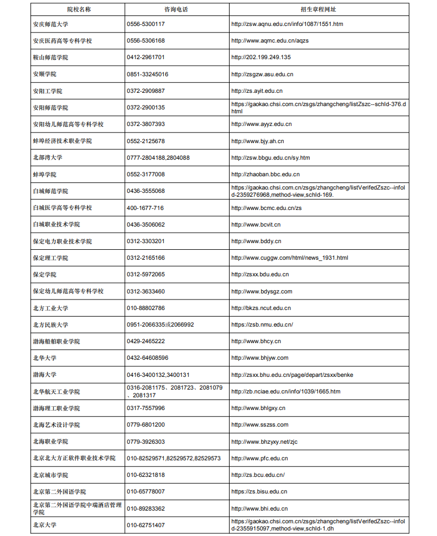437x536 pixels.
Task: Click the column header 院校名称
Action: click(78, 9)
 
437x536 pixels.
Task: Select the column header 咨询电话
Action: click(177, 9)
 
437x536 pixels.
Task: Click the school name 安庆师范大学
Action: click(50, 24)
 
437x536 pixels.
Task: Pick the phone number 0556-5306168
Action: click(146, 41)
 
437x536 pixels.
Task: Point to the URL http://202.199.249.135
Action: click(261, 57)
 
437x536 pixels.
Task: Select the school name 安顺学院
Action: click(44, 74)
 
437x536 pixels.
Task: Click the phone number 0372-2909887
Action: click(146, 91)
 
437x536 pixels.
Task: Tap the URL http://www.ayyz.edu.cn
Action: click(262, 124)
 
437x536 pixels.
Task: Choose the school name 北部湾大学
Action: click(48, 157)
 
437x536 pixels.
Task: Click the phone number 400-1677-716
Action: click(145, 208)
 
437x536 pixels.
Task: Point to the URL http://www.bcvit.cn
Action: click(256, 224)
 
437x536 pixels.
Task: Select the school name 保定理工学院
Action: click(50, 258)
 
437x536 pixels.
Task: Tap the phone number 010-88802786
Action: click(146, 308)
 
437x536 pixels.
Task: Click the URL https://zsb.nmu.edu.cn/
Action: click(262, 325)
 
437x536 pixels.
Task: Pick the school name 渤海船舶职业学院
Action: click(56, 341)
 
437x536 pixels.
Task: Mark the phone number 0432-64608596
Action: click(148, 358)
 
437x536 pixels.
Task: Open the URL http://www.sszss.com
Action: click(260, 425)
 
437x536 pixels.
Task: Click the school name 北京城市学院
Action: click(50, 475)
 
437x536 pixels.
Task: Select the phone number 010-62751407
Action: click(146, 525)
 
